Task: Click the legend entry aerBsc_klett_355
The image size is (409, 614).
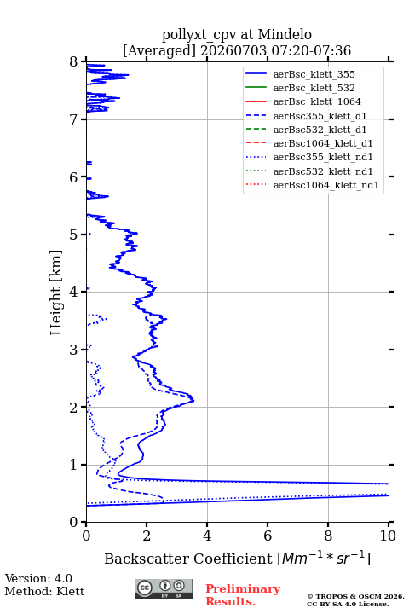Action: click(314, 74)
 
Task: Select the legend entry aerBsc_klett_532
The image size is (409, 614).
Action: click(314, 88)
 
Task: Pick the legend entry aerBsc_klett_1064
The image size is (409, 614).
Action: click(317, 101)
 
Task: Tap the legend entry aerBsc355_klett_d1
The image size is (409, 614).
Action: click(320, 116)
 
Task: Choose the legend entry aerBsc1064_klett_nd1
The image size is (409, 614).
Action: click(326, 185)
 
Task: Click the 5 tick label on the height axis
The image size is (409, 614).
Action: click(74, 235)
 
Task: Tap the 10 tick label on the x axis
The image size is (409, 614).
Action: click(388, 536)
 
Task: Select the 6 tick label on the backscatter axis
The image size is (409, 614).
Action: click(268, 536)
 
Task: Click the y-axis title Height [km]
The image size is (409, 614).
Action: click(56, 293)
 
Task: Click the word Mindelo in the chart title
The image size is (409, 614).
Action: click(285, 34)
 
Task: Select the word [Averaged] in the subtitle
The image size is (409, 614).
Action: click(158, 50)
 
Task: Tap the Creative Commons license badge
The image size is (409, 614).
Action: click(164, 589)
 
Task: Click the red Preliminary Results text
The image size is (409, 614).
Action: click(243, 595)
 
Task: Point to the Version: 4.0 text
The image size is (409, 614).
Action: click(38, 578)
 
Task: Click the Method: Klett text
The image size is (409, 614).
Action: click(44, 591)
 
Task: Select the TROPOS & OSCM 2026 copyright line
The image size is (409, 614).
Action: click(356, 596)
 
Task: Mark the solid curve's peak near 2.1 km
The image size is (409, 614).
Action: click(193, 400)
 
